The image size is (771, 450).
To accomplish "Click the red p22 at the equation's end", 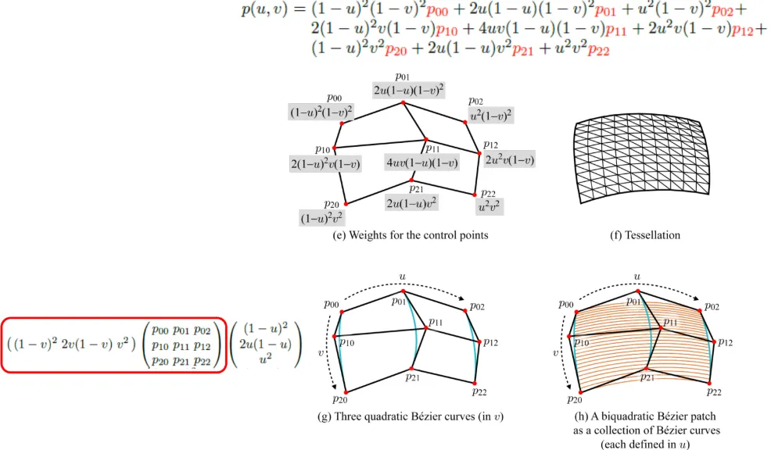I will [x=597, y=49].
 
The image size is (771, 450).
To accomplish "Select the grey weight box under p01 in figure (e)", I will [x=409, y=90].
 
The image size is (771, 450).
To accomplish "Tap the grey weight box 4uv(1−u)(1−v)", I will [x=421, y=162].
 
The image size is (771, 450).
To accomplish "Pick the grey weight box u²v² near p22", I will [x=490, y=206].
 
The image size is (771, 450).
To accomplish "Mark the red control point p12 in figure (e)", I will [x=479, y=152].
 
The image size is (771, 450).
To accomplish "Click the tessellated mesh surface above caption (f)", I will [x=641, y=155].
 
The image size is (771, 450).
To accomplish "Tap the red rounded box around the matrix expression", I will [x=114, y=344].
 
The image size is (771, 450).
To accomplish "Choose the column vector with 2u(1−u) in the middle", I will [x=267, y=345].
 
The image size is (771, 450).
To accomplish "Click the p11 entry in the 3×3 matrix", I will [x=184, y=345].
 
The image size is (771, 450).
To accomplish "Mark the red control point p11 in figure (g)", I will [x=426, y=328].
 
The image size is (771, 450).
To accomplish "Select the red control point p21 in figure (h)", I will [x=646, y=368].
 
